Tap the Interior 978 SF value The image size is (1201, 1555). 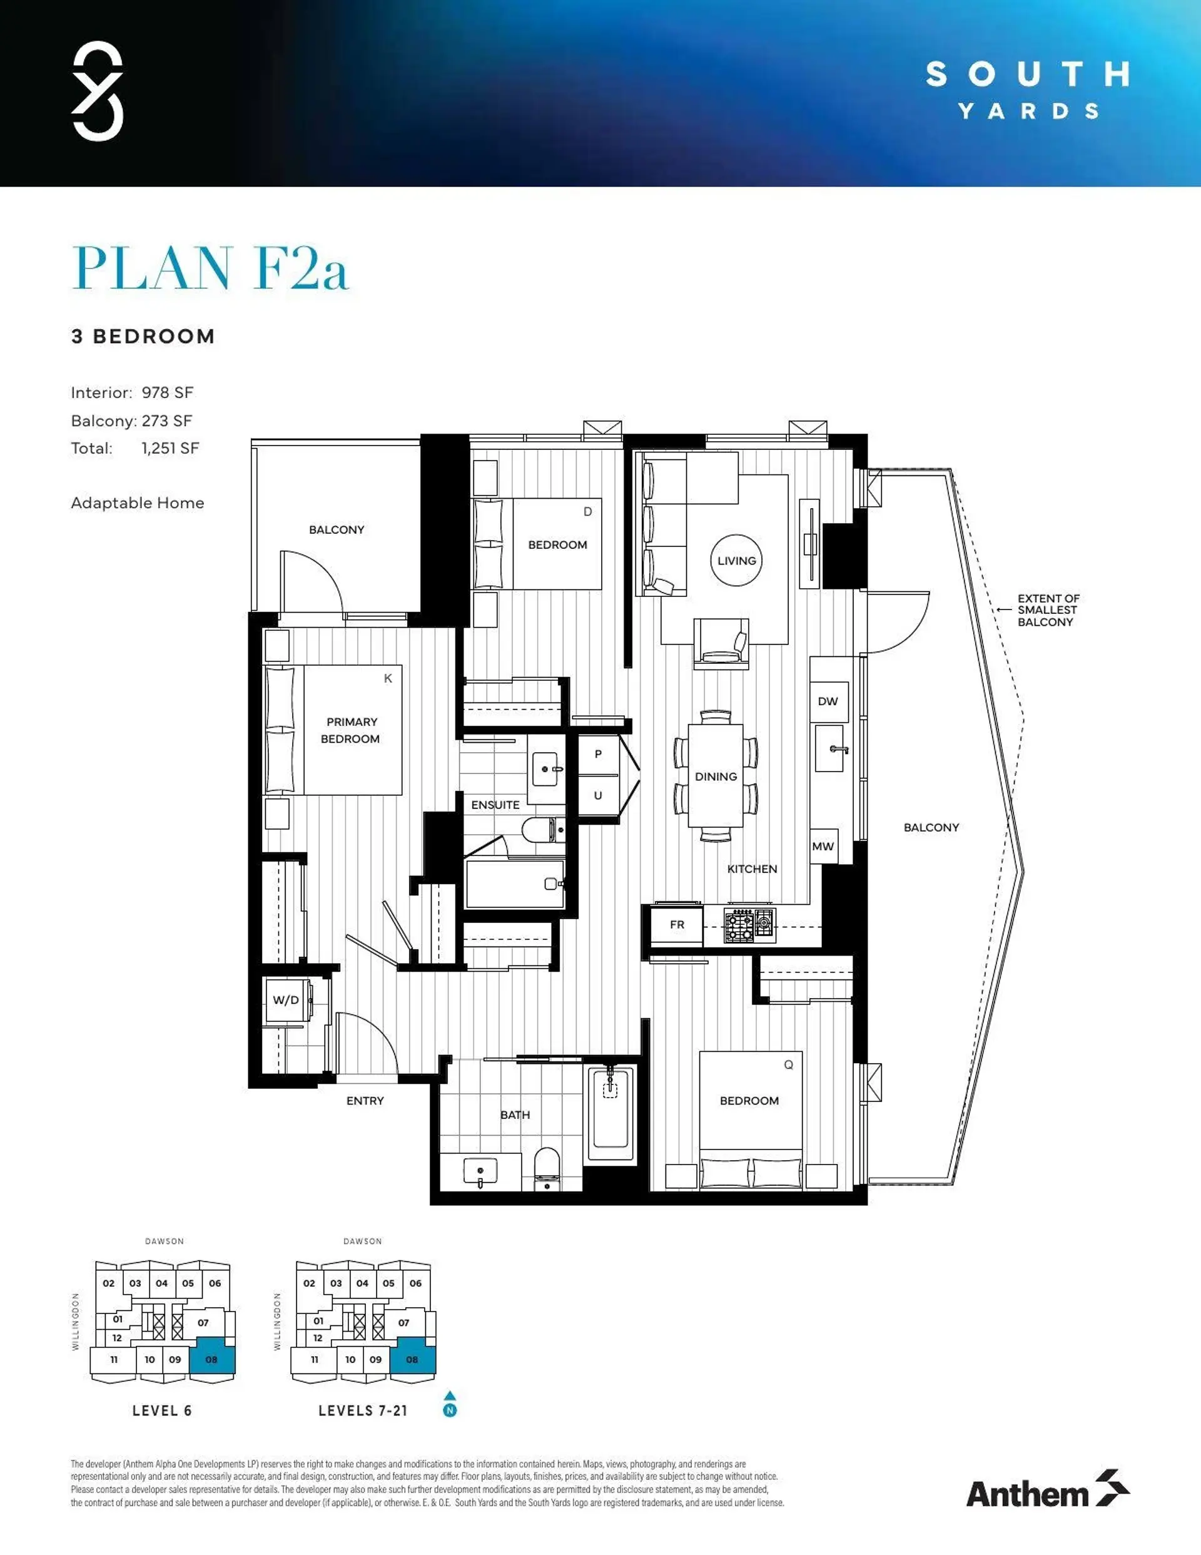167,392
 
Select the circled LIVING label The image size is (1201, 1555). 736,560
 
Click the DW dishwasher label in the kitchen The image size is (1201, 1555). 827,701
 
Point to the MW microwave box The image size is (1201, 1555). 823,847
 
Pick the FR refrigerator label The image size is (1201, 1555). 677,924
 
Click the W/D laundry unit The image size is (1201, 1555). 286,1001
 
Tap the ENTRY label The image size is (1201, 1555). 365,1101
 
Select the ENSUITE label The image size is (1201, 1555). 495,805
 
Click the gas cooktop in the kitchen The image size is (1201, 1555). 749,925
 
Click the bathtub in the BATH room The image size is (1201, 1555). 610,1114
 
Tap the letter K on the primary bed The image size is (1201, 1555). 388,678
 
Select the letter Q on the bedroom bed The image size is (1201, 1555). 788,1065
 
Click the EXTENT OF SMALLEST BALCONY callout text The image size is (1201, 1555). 1047,610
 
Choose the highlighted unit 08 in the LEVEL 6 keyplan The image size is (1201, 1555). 211,1359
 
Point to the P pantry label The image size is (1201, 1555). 598,754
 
